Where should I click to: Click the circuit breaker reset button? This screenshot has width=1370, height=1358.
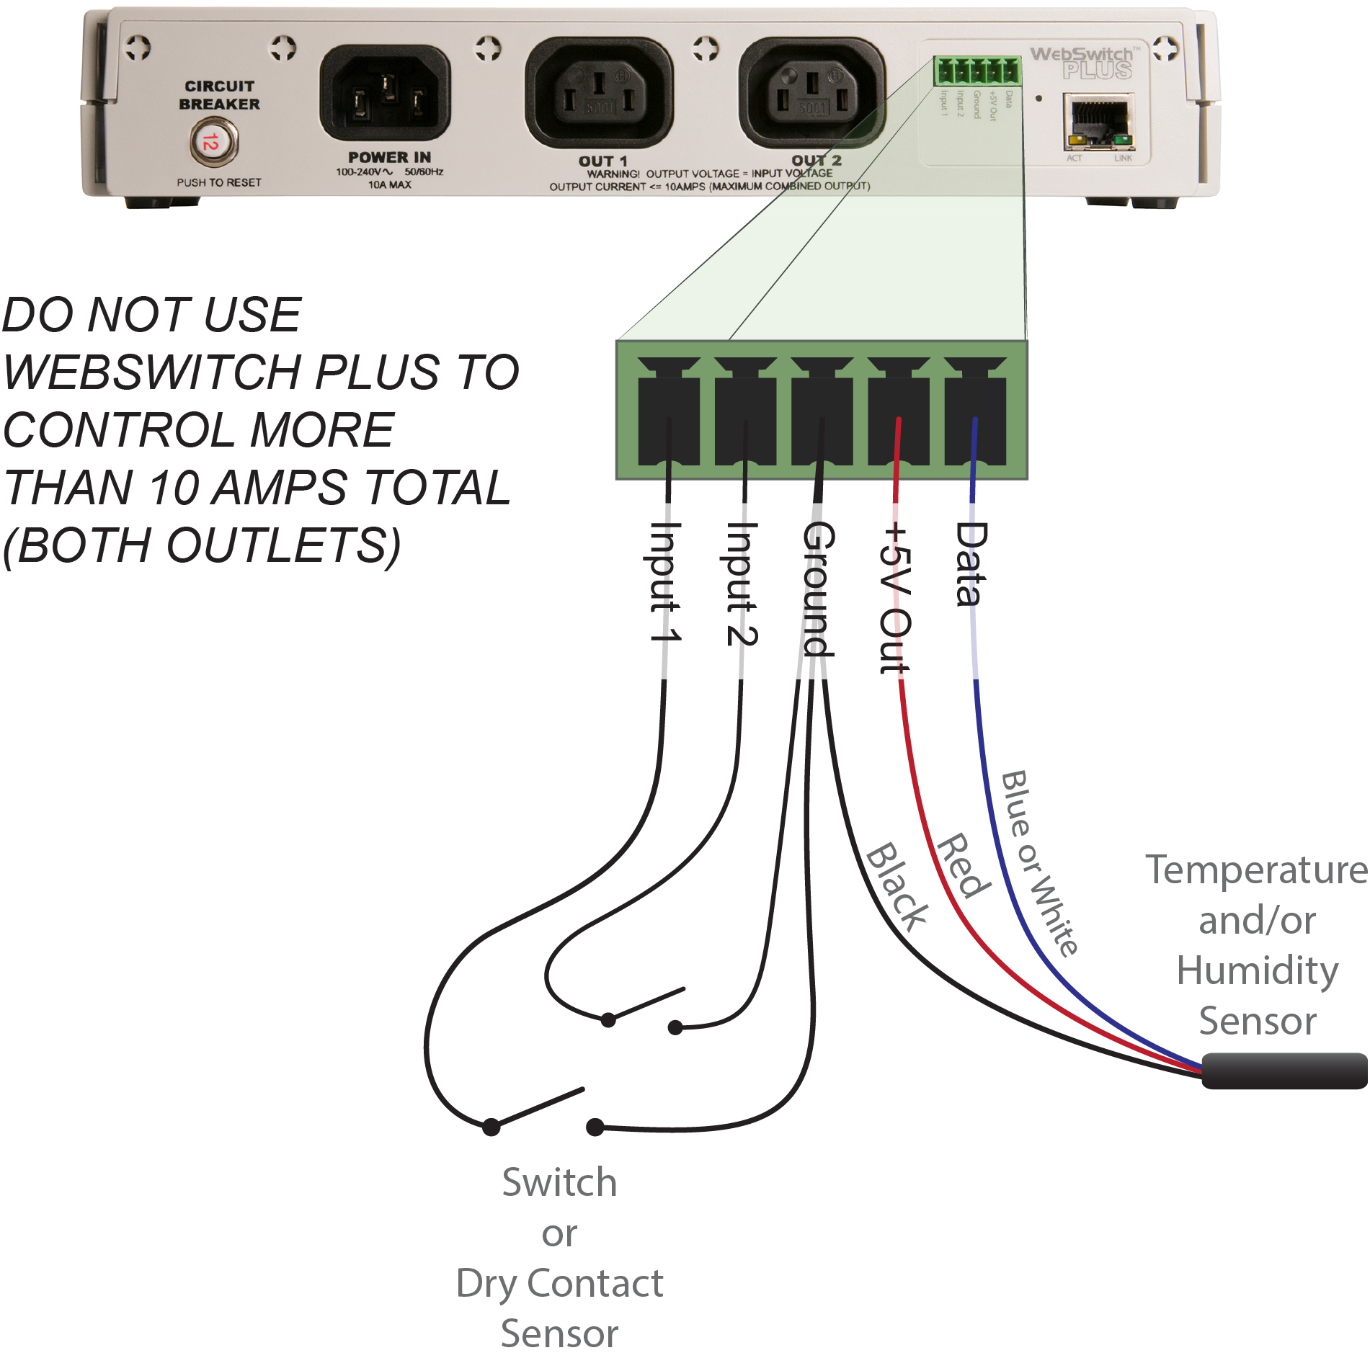(213, 142)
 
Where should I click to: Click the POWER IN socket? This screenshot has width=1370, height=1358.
(385, 94)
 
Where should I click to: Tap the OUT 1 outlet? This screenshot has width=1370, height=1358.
(599, 94)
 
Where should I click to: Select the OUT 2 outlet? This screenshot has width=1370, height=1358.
(811, 94)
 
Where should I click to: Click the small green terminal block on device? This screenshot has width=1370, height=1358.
(977, 71)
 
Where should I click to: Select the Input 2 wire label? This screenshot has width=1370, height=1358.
(742, 584)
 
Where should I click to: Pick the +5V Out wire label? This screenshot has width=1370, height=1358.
(896, 599)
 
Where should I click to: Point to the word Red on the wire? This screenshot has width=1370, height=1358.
(963, 865)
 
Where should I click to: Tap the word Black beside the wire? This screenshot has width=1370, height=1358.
(897, 886)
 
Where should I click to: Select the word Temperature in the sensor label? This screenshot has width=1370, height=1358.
(1255, 870)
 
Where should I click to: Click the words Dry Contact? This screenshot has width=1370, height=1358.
(559, 1283)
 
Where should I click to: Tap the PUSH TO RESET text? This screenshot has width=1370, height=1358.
(219, 183)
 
